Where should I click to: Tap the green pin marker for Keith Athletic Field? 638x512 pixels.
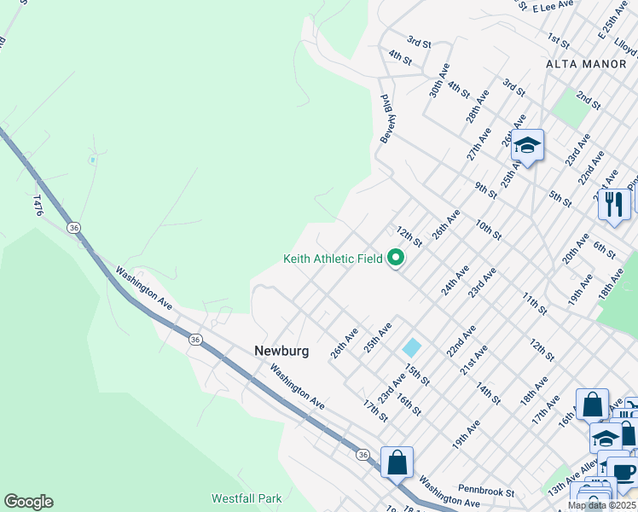396,257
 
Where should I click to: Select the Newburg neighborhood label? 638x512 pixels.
281,351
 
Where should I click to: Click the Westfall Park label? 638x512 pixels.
246,497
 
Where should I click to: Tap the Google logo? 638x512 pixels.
28,502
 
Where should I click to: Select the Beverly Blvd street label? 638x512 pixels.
386,118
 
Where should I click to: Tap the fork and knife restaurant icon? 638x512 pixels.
613,204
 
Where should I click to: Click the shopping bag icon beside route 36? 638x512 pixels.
397,463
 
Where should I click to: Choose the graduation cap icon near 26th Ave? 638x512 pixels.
528,145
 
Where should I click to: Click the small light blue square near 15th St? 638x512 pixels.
412,347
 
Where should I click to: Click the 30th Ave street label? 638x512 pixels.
439,79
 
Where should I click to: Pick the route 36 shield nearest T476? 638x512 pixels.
75,228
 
